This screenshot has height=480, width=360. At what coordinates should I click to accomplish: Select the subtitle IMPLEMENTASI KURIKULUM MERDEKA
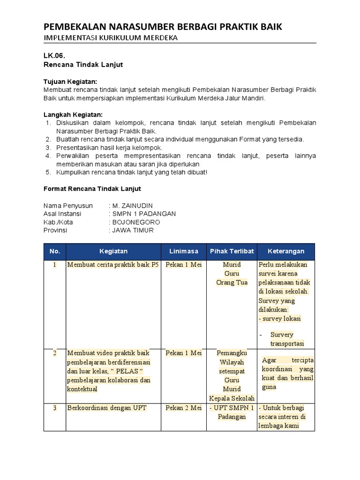[111, 38]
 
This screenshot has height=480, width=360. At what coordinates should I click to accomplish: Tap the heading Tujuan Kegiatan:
[70, 82]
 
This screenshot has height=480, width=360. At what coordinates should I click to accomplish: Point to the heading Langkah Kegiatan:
[73, 114]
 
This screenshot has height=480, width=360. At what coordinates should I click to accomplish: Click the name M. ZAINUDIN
[132, 206]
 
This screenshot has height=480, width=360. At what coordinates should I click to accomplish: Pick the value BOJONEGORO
[136, 222]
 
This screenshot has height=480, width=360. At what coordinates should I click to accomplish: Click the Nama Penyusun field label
[68, 206]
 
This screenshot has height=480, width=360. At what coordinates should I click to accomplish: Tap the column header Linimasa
[184, 252]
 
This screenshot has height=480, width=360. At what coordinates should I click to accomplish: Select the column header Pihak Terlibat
[232, 252]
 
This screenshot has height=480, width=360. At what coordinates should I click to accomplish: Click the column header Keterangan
[285, 252]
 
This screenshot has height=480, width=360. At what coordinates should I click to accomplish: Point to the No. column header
[54, 252]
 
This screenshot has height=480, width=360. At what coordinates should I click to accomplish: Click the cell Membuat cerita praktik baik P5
[113, 265]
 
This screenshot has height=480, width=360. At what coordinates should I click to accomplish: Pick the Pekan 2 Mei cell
[184, 408]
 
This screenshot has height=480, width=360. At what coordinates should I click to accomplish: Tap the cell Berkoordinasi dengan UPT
[107, 408]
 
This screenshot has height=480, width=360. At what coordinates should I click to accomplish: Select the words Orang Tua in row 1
[232, 283]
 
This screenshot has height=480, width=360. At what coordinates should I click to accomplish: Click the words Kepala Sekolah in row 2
[232, 398]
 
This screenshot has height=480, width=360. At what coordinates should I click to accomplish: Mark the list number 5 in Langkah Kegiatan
[48, 172]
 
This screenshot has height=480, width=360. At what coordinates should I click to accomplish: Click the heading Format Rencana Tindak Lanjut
[92, 189]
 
